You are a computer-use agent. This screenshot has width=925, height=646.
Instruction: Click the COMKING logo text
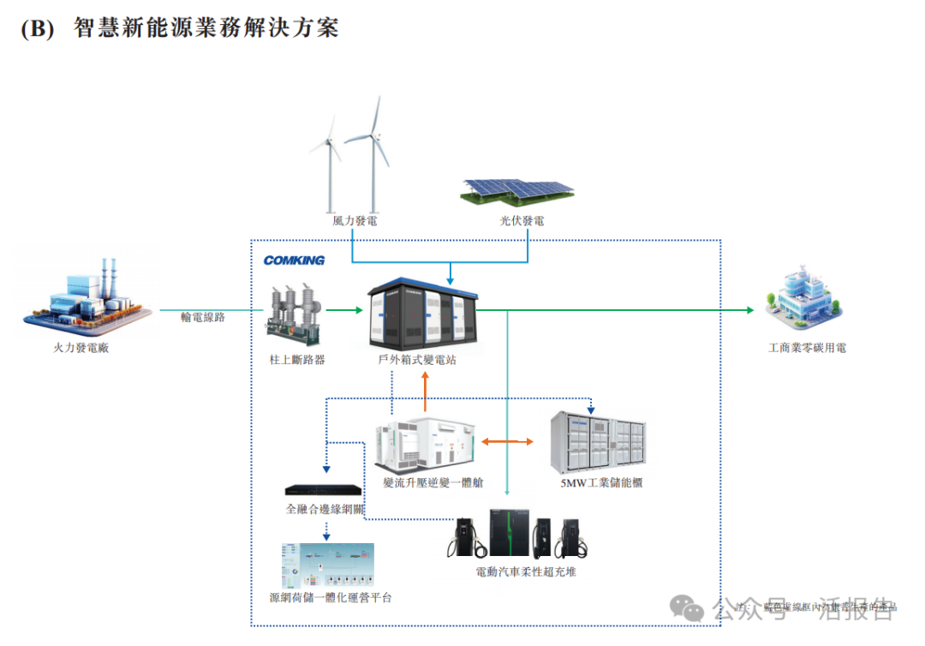[x=294, y=260]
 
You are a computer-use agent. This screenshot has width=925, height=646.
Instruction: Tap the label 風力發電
[x=355, y=221]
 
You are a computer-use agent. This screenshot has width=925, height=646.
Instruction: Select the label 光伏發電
[x=522, y=221]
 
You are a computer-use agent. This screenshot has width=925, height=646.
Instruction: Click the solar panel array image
[x=517, y=191]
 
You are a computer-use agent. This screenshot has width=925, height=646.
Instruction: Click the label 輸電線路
[x=202, y=317]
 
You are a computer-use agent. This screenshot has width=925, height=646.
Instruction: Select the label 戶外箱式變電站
[x=417, y=360]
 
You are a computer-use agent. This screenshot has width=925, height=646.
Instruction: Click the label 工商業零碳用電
[x=807, y=348]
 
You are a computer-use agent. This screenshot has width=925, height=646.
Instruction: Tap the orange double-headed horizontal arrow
[x=507, y=442]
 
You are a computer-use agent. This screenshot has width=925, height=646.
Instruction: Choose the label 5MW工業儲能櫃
[x=601, y=483]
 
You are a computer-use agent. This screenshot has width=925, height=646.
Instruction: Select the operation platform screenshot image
[x=327, y=565]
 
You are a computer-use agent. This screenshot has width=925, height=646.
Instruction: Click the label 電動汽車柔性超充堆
[x=526, y=571]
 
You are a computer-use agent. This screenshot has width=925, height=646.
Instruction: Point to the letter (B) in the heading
[x=37, y=27]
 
